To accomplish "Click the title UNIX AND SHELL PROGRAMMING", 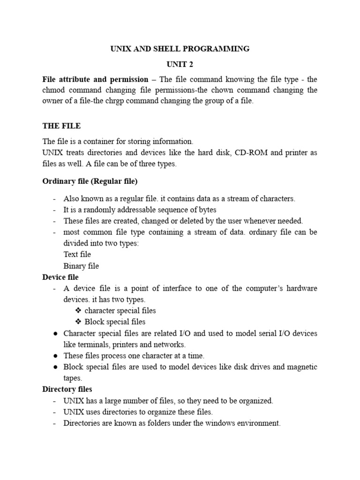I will click(x=180, y=49).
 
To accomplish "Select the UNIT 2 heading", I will click(x=180, y=64).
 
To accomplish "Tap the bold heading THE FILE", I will click(x=61, y=126).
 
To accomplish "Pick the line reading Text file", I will click(x=77, y=255).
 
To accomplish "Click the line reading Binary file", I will click(x=81, y=266).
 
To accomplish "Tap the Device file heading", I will click(x=60, y=277).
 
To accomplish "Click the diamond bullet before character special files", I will click(x=78, y=311).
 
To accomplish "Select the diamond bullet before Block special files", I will click(x=78, y=322).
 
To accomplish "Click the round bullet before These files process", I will click(x=54, y=356).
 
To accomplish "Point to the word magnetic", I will click(x=300, y=367).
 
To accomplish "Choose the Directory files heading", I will click(x=67, y=389).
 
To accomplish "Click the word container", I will click(x=96, y=142).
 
